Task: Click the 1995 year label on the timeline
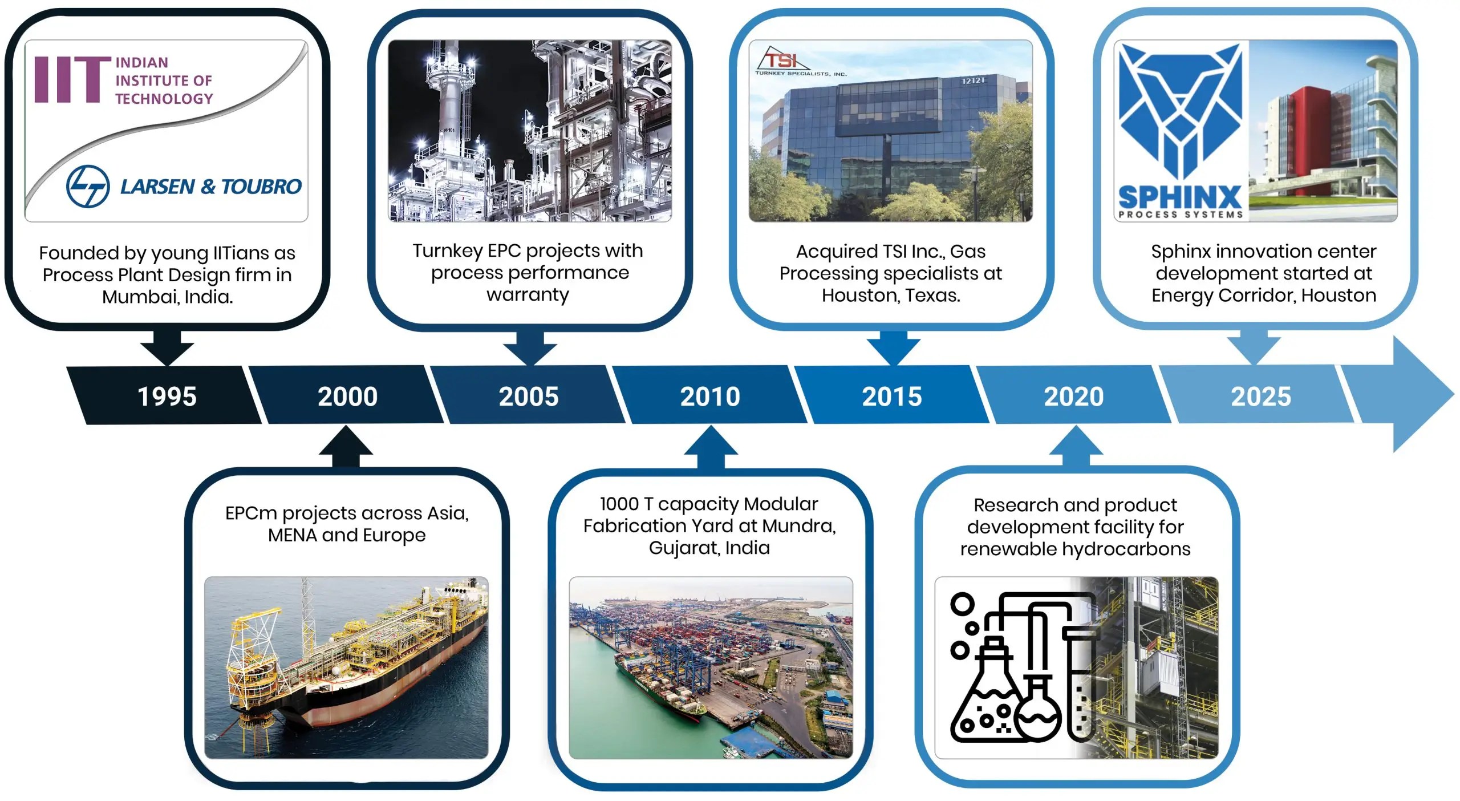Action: (167, 396)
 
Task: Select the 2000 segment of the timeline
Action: (347, 396)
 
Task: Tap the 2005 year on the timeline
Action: (529, 396)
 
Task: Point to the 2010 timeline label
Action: (710, 396)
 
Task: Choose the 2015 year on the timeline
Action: (892, 396)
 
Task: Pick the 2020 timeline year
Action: (1074, 396)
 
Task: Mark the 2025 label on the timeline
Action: (1261, 396)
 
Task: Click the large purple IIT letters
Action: (72, 79)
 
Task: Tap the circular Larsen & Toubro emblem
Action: (88, 187)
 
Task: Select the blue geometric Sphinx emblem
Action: (1180, 111)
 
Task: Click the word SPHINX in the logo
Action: (1180, 197)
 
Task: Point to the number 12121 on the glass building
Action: (974, 80)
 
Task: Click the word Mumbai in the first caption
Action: (132, 297)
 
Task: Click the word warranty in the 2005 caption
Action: (528, 295)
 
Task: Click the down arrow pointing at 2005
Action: (530, 347)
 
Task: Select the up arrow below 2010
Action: (711, 447)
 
